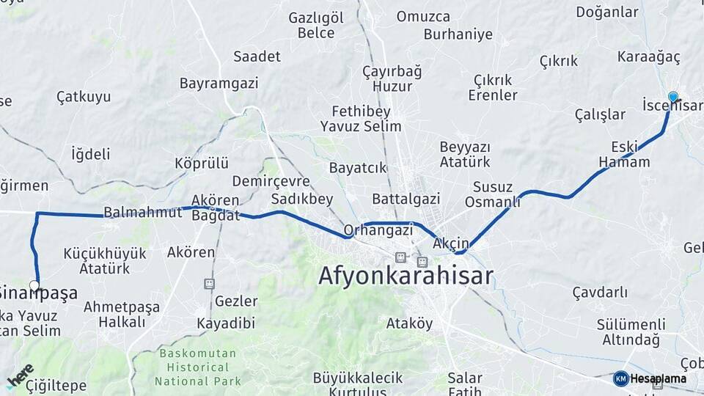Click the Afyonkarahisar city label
tap(406, 276)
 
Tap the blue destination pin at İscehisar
tap(673, 97)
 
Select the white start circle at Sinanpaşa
tap(34, 285)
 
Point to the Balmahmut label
tap(142, 213)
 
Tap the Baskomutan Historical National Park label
tap(198, 367)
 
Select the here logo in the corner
tap(20, 376)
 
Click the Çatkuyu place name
tap(84, 96)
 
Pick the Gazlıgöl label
tap(316, 17)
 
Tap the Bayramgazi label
tap(219, 83)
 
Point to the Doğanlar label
tap(607, 12)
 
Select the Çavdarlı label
tap(600, 293)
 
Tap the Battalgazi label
tap(406, 199)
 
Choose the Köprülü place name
tap(202, 163)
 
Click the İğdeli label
tap(90, 154)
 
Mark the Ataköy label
tap(409, 323)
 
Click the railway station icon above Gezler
tap(209, 283)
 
